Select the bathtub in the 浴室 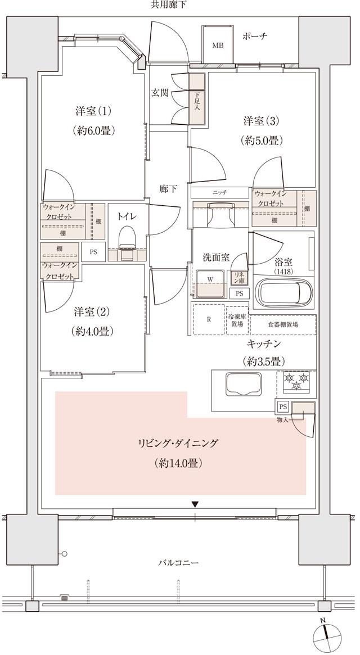click(283, 291)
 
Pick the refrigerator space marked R click(209, 319)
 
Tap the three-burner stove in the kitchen click(296, 383)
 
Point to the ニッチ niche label click(219, 192)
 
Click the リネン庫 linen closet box click(240, 277)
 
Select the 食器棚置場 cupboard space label click(283, 324)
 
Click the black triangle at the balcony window click(195, 504)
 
